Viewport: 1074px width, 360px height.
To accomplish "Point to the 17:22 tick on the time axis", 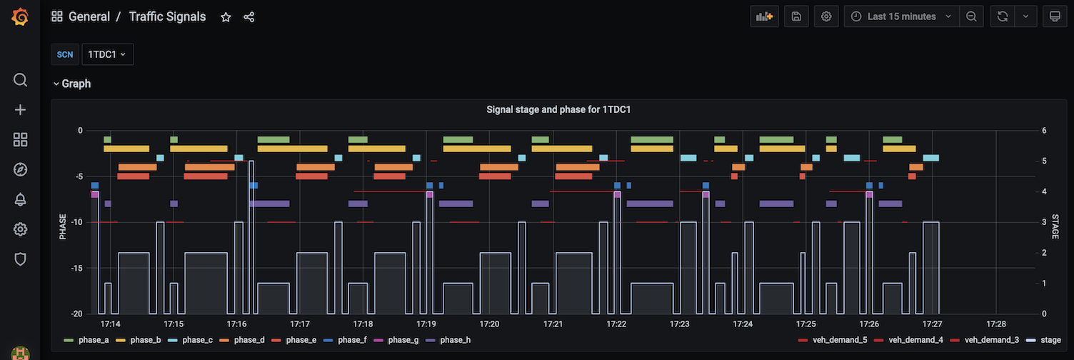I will tap(616, 324).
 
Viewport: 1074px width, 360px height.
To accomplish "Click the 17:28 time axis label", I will tap(995, 324).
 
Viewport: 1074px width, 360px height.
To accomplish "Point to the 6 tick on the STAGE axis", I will tap(1044, 131).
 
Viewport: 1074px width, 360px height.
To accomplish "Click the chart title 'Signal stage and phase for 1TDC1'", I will tap(558, 110).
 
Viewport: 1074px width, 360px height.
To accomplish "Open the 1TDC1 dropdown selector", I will tap(107, 54).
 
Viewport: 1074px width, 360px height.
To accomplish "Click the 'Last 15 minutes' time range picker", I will tap(901, 16).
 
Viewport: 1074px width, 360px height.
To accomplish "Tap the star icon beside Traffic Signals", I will tap(226, 17).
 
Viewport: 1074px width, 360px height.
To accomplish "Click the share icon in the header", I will tap(249, 17).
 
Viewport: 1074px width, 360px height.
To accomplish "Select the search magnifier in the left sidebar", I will tap(20, 79).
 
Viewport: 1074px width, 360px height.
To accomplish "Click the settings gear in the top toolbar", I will tap(826, 16).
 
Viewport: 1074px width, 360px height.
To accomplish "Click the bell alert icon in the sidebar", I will tap(20, 199).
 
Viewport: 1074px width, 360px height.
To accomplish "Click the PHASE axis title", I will tap(64, 226).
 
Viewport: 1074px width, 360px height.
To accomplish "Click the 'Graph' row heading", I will tap(76, 84).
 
